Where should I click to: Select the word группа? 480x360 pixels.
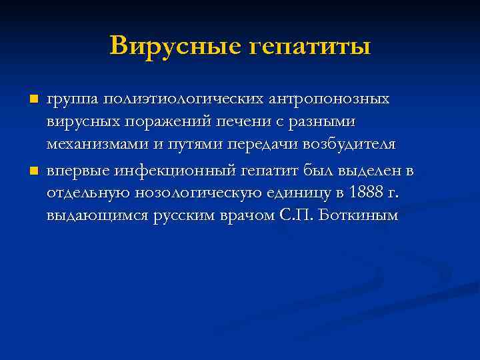pyautogui.click(x=71, y=99)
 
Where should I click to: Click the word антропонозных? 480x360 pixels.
pyautogui.click(x=330, y=99)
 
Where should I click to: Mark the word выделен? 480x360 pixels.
pyautogui.click(x=371, y=172)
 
